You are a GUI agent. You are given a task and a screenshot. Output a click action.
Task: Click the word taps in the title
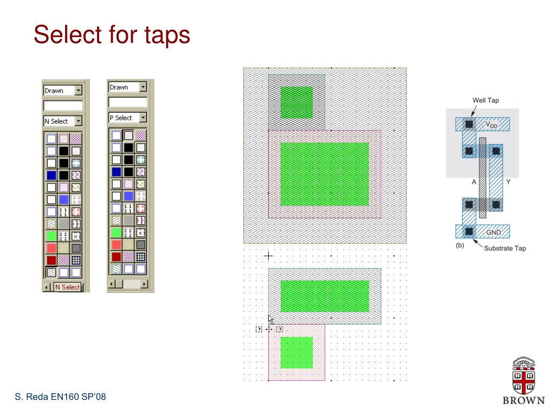(x=167, y=35)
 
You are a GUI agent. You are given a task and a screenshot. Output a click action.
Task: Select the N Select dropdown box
(x=63, y=121)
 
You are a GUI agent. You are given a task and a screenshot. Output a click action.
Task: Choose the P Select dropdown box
(x=127, y=118)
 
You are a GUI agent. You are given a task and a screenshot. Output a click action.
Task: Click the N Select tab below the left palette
(x=67, y=287)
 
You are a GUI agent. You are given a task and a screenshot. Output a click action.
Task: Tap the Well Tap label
(x=486, y=100)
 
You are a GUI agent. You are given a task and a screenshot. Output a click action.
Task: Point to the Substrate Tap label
(x=505, y=248)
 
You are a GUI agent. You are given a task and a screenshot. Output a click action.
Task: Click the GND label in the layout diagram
(x=493, y=232)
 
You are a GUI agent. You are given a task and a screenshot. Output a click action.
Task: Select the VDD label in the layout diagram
(x=491, y=124)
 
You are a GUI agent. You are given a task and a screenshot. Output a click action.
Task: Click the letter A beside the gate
(x=474, y=182)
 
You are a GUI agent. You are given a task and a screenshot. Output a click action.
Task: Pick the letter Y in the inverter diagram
(x=508, y=182)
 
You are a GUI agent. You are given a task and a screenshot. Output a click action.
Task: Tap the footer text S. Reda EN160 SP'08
(x=60, y=396)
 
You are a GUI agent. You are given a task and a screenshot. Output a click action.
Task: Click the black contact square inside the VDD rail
(x=469, y=124)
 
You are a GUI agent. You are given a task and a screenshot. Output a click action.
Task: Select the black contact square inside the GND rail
(x=469, y=232)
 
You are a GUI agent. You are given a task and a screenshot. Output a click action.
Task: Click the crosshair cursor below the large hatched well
(x=268, y=256)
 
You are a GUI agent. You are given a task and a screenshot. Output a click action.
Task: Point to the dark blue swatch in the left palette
(x=51, y=175)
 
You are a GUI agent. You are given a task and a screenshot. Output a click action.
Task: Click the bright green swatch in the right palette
(x=117, y=232)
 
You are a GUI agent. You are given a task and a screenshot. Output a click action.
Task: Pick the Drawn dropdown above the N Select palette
(x=63, y=90)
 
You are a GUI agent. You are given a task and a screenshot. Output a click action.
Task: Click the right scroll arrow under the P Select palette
(x=144, y=284)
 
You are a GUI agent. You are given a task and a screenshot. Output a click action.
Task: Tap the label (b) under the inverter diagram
(x=460, y=245)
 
